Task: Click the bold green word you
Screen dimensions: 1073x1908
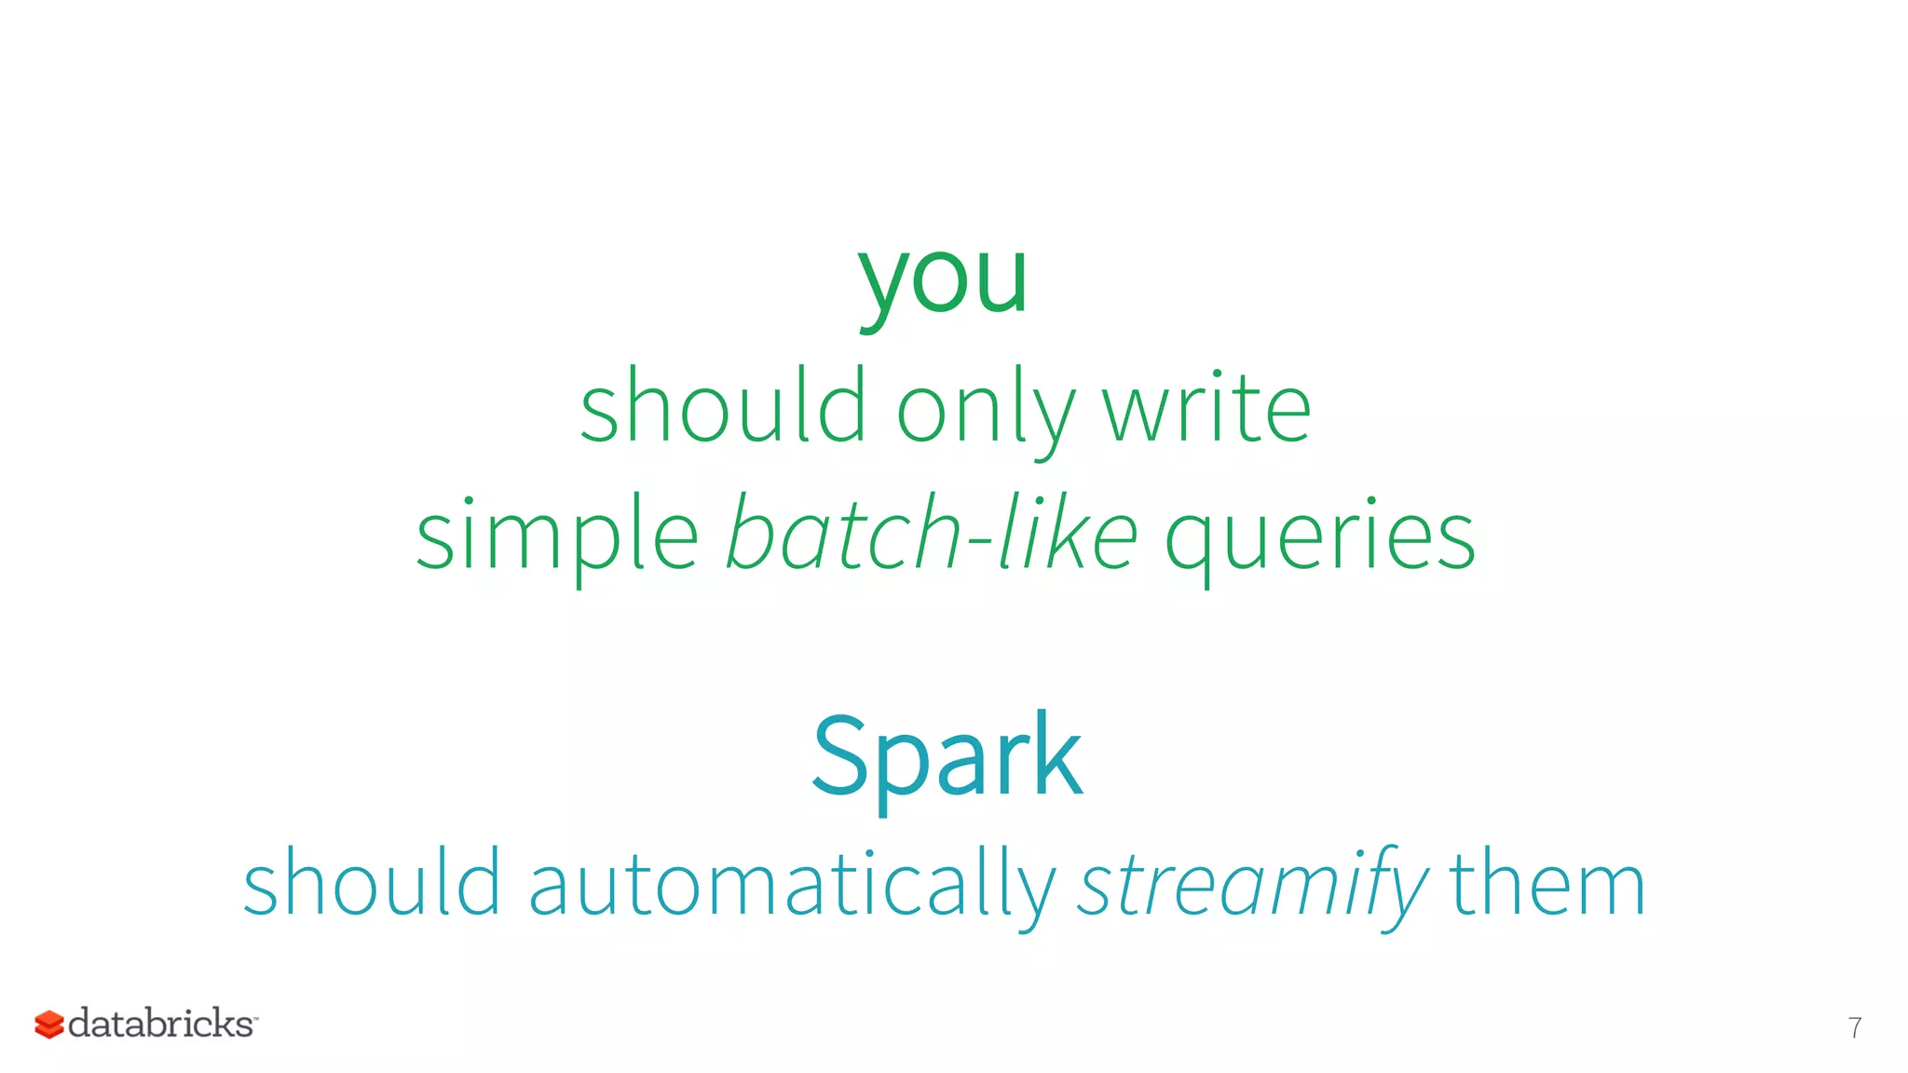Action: coord(943,279)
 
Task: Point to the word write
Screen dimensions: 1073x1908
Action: coord(1206,408)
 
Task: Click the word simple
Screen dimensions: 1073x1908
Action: coord(557,536)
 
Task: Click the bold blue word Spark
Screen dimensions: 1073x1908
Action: coord(947,754)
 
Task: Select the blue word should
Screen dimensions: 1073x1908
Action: coord(372,883)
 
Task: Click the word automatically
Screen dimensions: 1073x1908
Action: coord(792,885)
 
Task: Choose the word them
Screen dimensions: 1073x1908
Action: coord(1547,883)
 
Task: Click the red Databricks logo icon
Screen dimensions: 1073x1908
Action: coord(48,1025)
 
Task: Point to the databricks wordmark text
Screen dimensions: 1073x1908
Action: coord(161,1024)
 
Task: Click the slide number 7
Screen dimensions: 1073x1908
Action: coord(1854,1027)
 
